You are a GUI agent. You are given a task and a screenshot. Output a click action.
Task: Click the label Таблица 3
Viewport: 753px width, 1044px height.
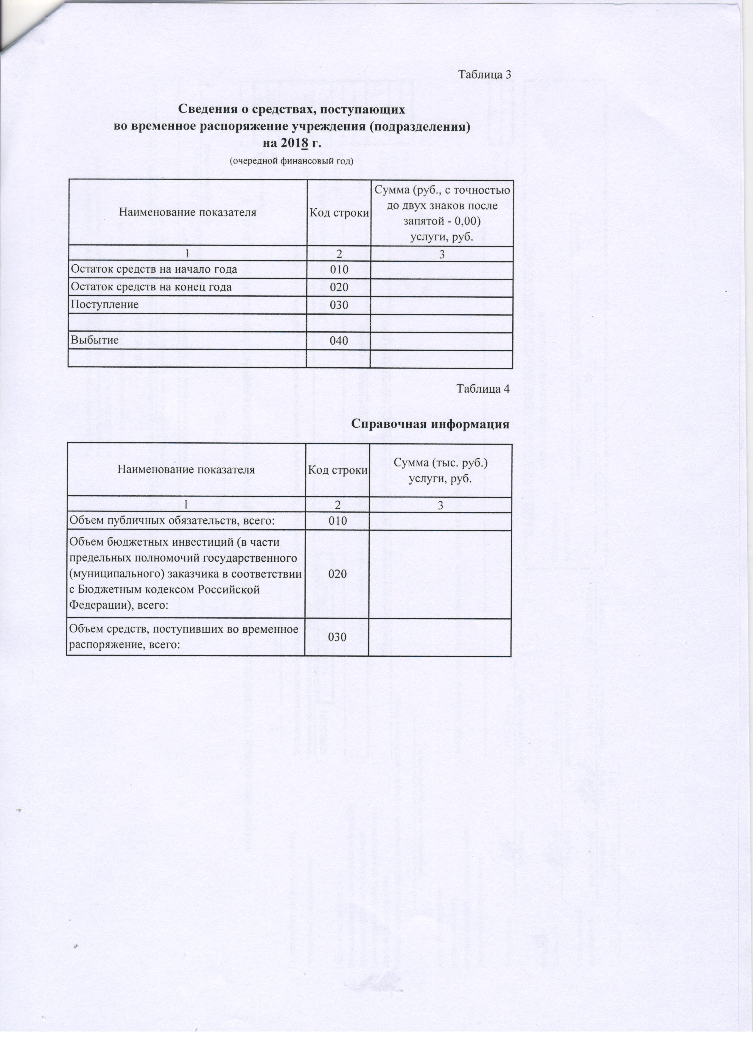coord(485,74)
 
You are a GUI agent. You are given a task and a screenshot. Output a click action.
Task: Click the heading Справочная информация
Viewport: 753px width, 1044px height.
coord(431,424)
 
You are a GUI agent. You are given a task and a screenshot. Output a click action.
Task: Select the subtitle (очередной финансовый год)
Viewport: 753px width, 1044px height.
coord(292,161)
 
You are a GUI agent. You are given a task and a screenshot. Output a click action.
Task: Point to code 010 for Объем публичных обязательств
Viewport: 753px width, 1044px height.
coord(337,521)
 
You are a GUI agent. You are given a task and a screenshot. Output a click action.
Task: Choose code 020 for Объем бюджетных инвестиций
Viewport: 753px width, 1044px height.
coord(337,574)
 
